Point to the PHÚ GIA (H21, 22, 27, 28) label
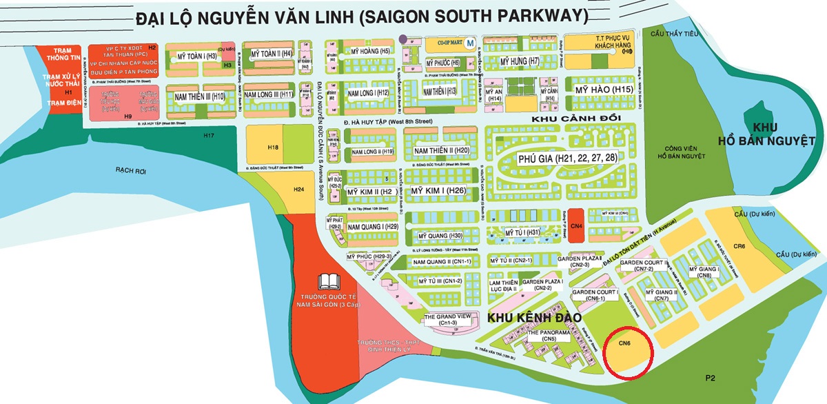pyautogui.click(x=567, y=158)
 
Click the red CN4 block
pyautogui.click(x=576, y=225)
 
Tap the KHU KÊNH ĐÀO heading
pyautogui.click(x=531, y=318)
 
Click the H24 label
pyautogui.click(x=298, y=189)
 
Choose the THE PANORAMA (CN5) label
pyautogui.click(x=549, y=335)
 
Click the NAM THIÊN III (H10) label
pyautogui.click(x=199, y=97)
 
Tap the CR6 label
pyautogui.click(x=738, y=246)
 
